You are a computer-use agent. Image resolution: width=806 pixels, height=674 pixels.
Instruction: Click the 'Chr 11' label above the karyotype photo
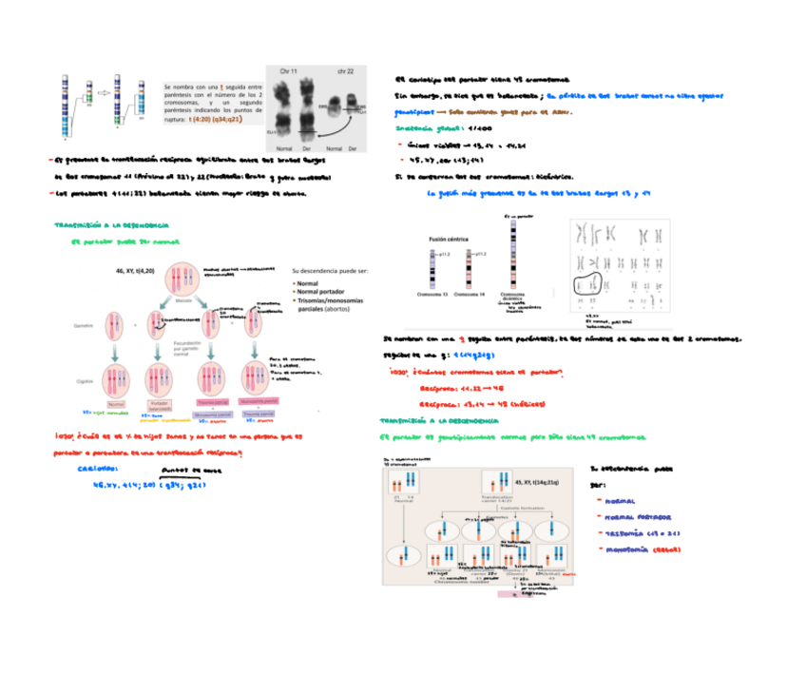click(x=288, y=71)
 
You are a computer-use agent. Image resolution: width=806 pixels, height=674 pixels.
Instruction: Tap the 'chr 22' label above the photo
click(x=344, y=71)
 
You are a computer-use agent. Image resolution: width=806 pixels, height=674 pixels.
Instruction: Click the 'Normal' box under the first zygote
click(x=118, y=404)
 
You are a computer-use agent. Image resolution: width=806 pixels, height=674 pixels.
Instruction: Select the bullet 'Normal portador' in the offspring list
click(x=323, y=292)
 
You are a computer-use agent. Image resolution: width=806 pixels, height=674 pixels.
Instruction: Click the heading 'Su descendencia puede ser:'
click(x=330, y=271)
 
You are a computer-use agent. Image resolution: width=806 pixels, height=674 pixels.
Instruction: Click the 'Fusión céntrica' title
click(x=451, y=240)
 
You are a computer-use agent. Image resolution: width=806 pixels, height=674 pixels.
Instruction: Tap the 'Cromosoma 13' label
click(x=435, y=295)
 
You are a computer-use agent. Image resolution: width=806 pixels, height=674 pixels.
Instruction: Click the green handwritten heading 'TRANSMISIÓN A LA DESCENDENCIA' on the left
click(x=112, y=226)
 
